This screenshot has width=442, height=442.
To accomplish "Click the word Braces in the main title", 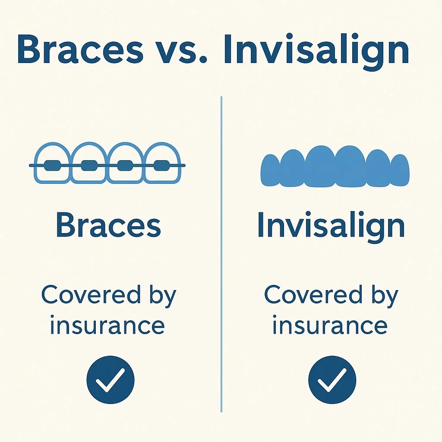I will tap(80, 51).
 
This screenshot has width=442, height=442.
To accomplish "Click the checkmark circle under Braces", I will tap(110, 380).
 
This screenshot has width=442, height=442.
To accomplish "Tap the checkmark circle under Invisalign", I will tap(332, 380).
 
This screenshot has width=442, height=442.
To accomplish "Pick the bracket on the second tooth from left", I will tap(89, 165).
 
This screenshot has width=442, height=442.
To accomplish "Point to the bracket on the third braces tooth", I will tap(125, 165).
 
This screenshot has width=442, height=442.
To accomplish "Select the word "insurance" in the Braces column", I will tap(107, 325).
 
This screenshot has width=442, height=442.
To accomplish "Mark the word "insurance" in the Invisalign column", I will tap(330, 325).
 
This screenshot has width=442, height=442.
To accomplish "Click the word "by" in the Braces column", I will tap(161, 297).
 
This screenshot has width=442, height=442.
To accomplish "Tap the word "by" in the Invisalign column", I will tap(383, 297).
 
